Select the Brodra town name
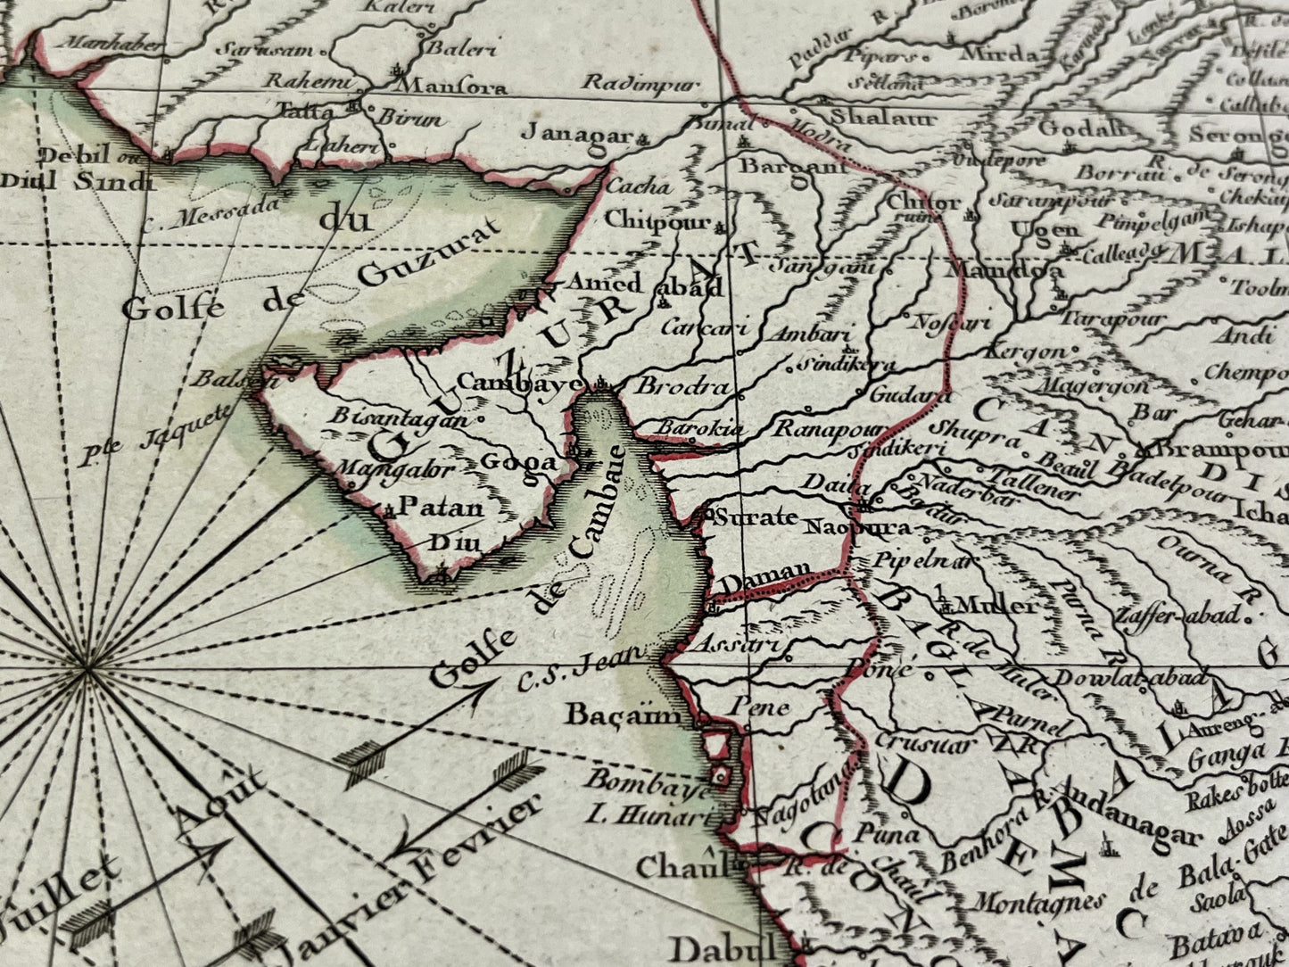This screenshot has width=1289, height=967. point(681,388)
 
